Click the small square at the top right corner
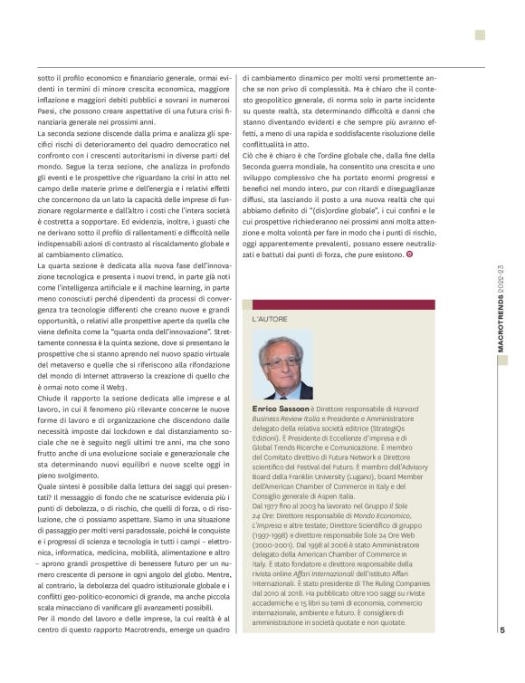480,35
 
